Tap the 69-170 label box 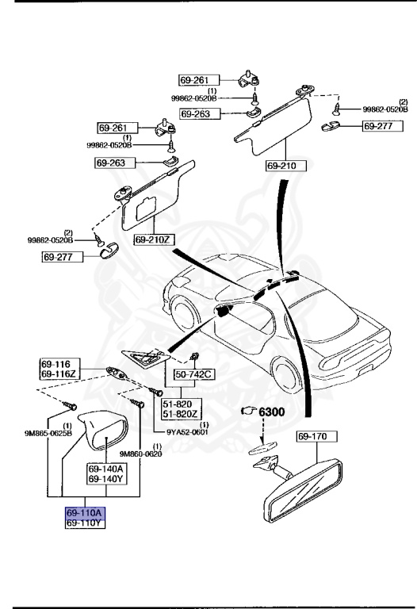317,436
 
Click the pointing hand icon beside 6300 248,411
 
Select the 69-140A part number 106,469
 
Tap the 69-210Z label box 153,239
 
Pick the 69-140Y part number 106,478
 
